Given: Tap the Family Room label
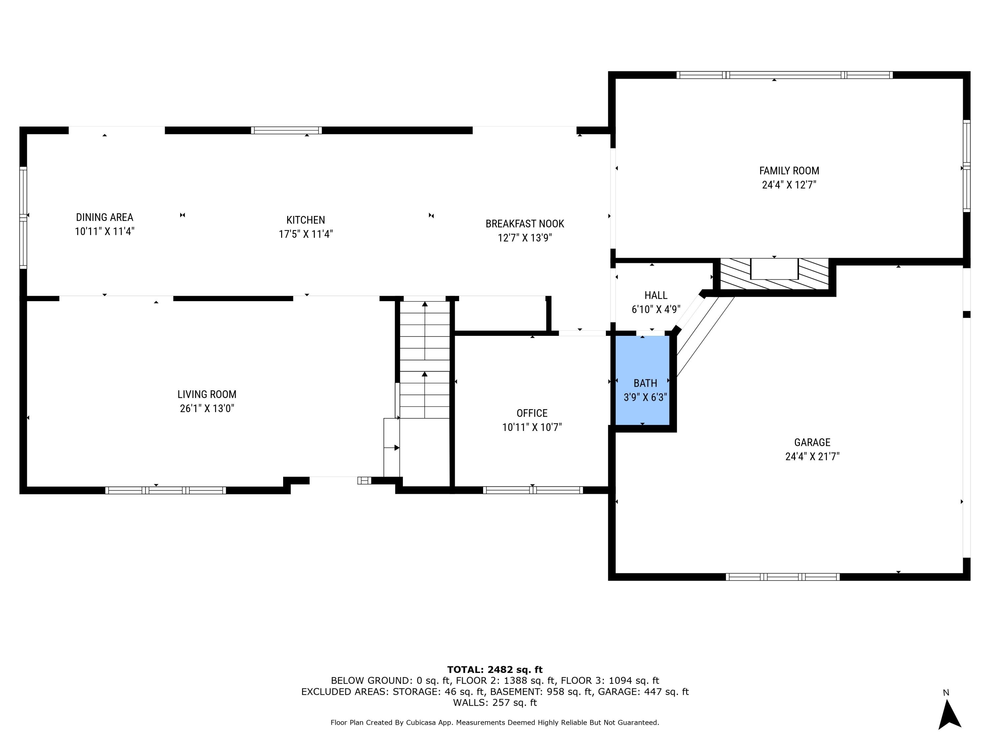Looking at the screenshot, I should pos(789,171).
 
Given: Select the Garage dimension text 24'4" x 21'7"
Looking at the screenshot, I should pos(812,456).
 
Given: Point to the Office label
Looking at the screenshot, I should pos(532,413).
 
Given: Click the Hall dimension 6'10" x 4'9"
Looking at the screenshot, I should pos(656,309).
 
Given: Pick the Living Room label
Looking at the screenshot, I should pos(207,394).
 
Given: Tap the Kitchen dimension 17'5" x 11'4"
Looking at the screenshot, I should pos(306,234).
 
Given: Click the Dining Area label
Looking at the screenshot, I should pos(104,217).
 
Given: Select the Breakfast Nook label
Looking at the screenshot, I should pos(525,224).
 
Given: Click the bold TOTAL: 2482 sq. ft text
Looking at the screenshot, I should pos(495,670).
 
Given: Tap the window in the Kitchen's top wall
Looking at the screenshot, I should pos(286,130).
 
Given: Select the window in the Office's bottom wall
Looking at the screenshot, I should pos(533,490).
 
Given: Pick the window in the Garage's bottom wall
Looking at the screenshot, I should pos(782,577).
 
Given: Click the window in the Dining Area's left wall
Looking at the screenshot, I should pos(23,218).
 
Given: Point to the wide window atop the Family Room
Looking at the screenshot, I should pos(784,75).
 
